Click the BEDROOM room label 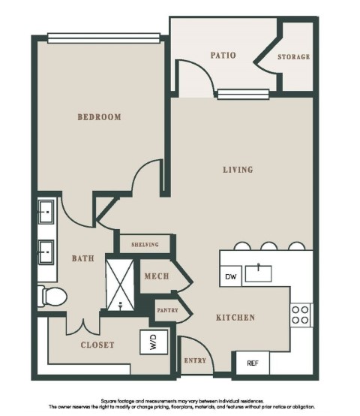[99, 117]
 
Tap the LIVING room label [238, 170]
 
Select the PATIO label [223, 55]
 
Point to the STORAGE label [294, 57]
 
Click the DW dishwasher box [231, 276]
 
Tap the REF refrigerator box [253, 363]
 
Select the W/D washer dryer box [154, 342]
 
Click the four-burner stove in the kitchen [301, 315]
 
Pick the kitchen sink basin [258, 273]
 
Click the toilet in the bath [52, 296]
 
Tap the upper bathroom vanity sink [46, 212]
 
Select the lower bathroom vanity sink [46, 252]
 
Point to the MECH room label [157, 276]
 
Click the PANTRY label [167, 310]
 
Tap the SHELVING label [145, 244]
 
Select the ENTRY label [195, 360]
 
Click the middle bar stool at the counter [268, 246]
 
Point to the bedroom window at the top [103, 38]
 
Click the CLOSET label [97, 345]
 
